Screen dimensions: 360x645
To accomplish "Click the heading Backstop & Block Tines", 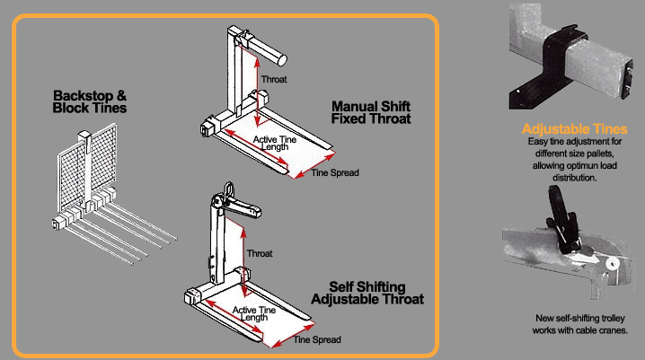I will (90, 101).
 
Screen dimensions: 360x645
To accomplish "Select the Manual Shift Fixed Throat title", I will (370, 110).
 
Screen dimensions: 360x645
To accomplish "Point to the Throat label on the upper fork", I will (273, 80).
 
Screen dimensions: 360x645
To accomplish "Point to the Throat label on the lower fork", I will (260, 253).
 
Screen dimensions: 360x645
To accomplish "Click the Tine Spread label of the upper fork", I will (334, 172).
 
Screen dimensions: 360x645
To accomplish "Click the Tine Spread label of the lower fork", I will (318, 342).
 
